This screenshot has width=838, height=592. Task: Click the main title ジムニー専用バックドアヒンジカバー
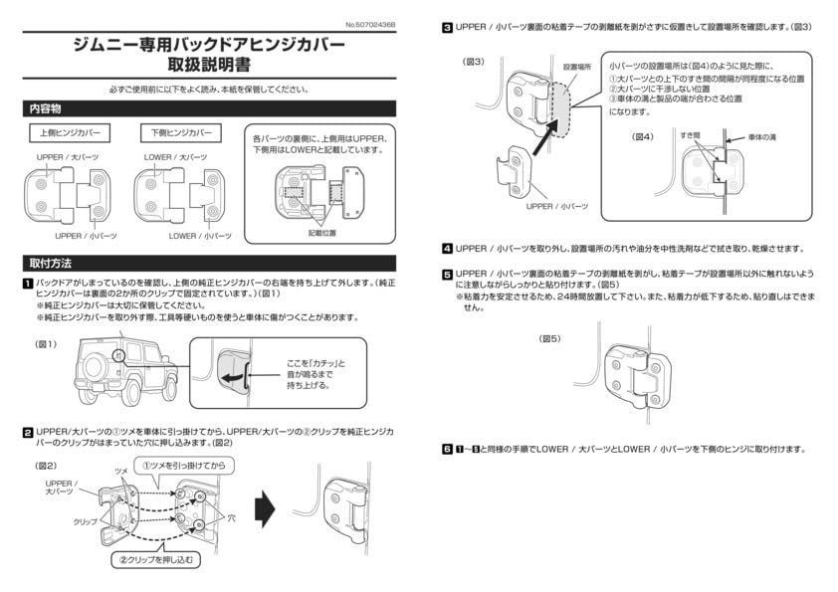click(x=209, y=45)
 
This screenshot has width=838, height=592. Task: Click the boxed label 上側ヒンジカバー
click(x=69, y=133)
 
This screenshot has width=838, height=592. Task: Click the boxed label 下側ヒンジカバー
click(x=181, y=133)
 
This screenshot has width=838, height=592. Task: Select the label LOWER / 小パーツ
click(x=200, y=236)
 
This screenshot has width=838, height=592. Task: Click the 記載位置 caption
click(x=321, y=232)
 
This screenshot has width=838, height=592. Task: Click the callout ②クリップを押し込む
click(x=159, y=560)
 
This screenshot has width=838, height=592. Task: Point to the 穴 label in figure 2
click(x=232, y=518)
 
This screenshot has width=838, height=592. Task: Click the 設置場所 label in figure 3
click(x=576, y=67)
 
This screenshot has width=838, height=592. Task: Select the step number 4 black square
click(x=448, y=248)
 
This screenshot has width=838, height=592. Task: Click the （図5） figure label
click(x=550, y=338)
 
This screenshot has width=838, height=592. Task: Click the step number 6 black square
click(x=448, y=450)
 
